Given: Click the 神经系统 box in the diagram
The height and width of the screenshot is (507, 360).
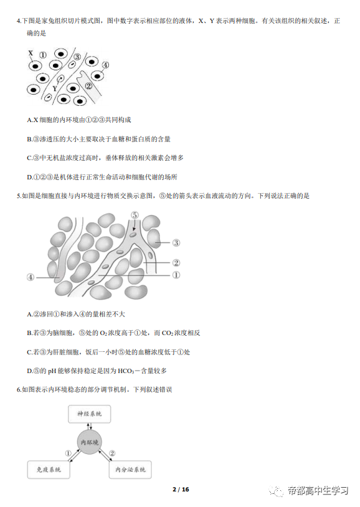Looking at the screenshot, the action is coord(89,414).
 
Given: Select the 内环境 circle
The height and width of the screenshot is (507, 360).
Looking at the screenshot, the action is coord(90,442).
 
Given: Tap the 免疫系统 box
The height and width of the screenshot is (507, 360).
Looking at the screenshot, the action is coord(49,470).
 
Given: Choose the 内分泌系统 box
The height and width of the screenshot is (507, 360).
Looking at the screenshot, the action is coord(130,470).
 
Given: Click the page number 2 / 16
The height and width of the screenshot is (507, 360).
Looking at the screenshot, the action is coord(181,489).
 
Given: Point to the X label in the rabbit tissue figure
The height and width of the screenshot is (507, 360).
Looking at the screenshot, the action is coord(31,53).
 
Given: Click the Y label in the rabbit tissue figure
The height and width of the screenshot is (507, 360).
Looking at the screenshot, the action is coord(55,88).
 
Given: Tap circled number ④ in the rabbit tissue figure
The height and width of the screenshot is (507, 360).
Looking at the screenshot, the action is coord(105,65).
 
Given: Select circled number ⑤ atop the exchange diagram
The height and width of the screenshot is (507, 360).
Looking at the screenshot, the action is coord(135,215).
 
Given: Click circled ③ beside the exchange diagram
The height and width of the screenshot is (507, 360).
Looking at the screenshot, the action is coord(176,242).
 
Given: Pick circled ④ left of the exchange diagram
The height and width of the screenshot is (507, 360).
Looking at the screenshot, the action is coord(31,277).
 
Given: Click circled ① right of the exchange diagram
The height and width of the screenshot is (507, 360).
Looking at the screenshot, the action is coord(176,275).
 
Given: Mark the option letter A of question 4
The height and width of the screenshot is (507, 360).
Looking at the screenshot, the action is coord(30,120).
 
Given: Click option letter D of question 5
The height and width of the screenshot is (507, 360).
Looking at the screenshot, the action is coord(30,371).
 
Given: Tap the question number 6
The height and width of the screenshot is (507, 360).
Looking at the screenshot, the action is coord(19,390).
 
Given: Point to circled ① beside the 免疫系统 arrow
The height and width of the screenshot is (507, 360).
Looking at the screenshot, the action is coord(69,453).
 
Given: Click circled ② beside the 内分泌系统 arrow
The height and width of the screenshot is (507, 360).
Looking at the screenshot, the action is coord(112,453).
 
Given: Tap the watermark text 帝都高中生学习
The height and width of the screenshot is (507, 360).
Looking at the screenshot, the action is coord(318,491).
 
